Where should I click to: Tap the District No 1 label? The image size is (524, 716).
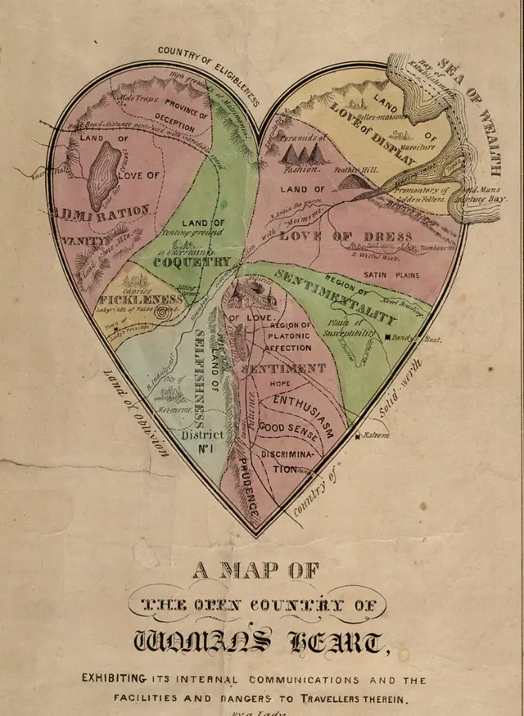pos(201,441)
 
